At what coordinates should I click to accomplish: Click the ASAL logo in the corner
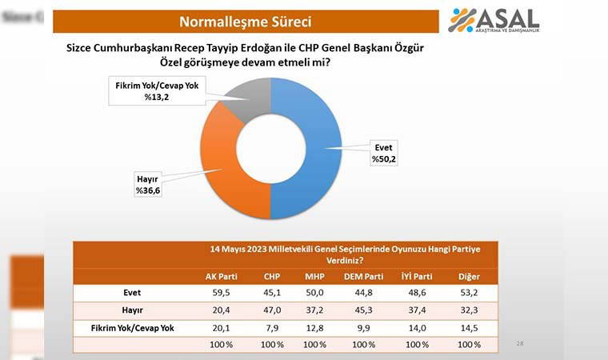(x=493, y=20)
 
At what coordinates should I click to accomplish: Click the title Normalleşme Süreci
(x=246, y=21)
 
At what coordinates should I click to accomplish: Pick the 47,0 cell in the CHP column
(x=272, y=310)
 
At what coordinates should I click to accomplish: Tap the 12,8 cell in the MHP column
(x=314, y=327)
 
